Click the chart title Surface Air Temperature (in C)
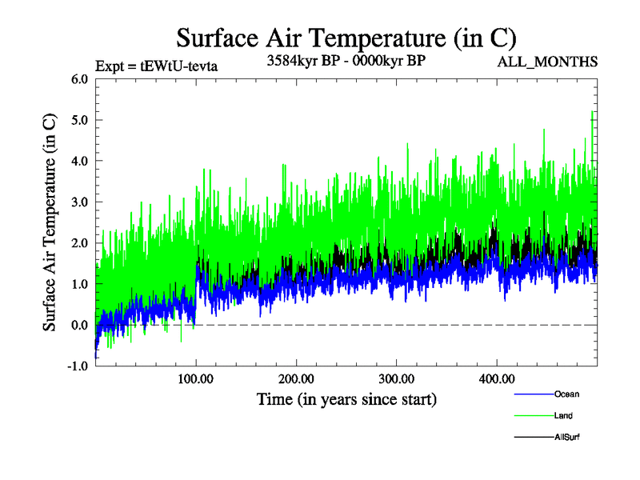coord(346,38)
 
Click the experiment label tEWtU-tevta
coord(156,66)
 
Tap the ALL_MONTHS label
coord(549,62)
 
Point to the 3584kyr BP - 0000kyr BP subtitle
coord(346,61)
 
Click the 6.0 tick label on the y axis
coord(80,79)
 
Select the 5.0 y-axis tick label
coord(80,120)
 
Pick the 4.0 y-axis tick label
coord(80,161)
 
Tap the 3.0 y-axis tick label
coord(80,202)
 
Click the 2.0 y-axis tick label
coord(80,243)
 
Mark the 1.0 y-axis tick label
coord(80,284)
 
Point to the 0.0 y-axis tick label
coord(80,325)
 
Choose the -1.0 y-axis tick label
coord(78,366)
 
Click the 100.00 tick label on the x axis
coord(196,378)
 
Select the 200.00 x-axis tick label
coord(296,378)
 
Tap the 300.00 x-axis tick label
coord(396,378)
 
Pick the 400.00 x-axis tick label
coord(496,378)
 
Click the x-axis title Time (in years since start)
coord(346,398)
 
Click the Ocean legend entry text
coord(566,394)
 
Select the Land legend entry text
coord(563,415)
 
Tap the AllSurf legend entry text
coord(567,437)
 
